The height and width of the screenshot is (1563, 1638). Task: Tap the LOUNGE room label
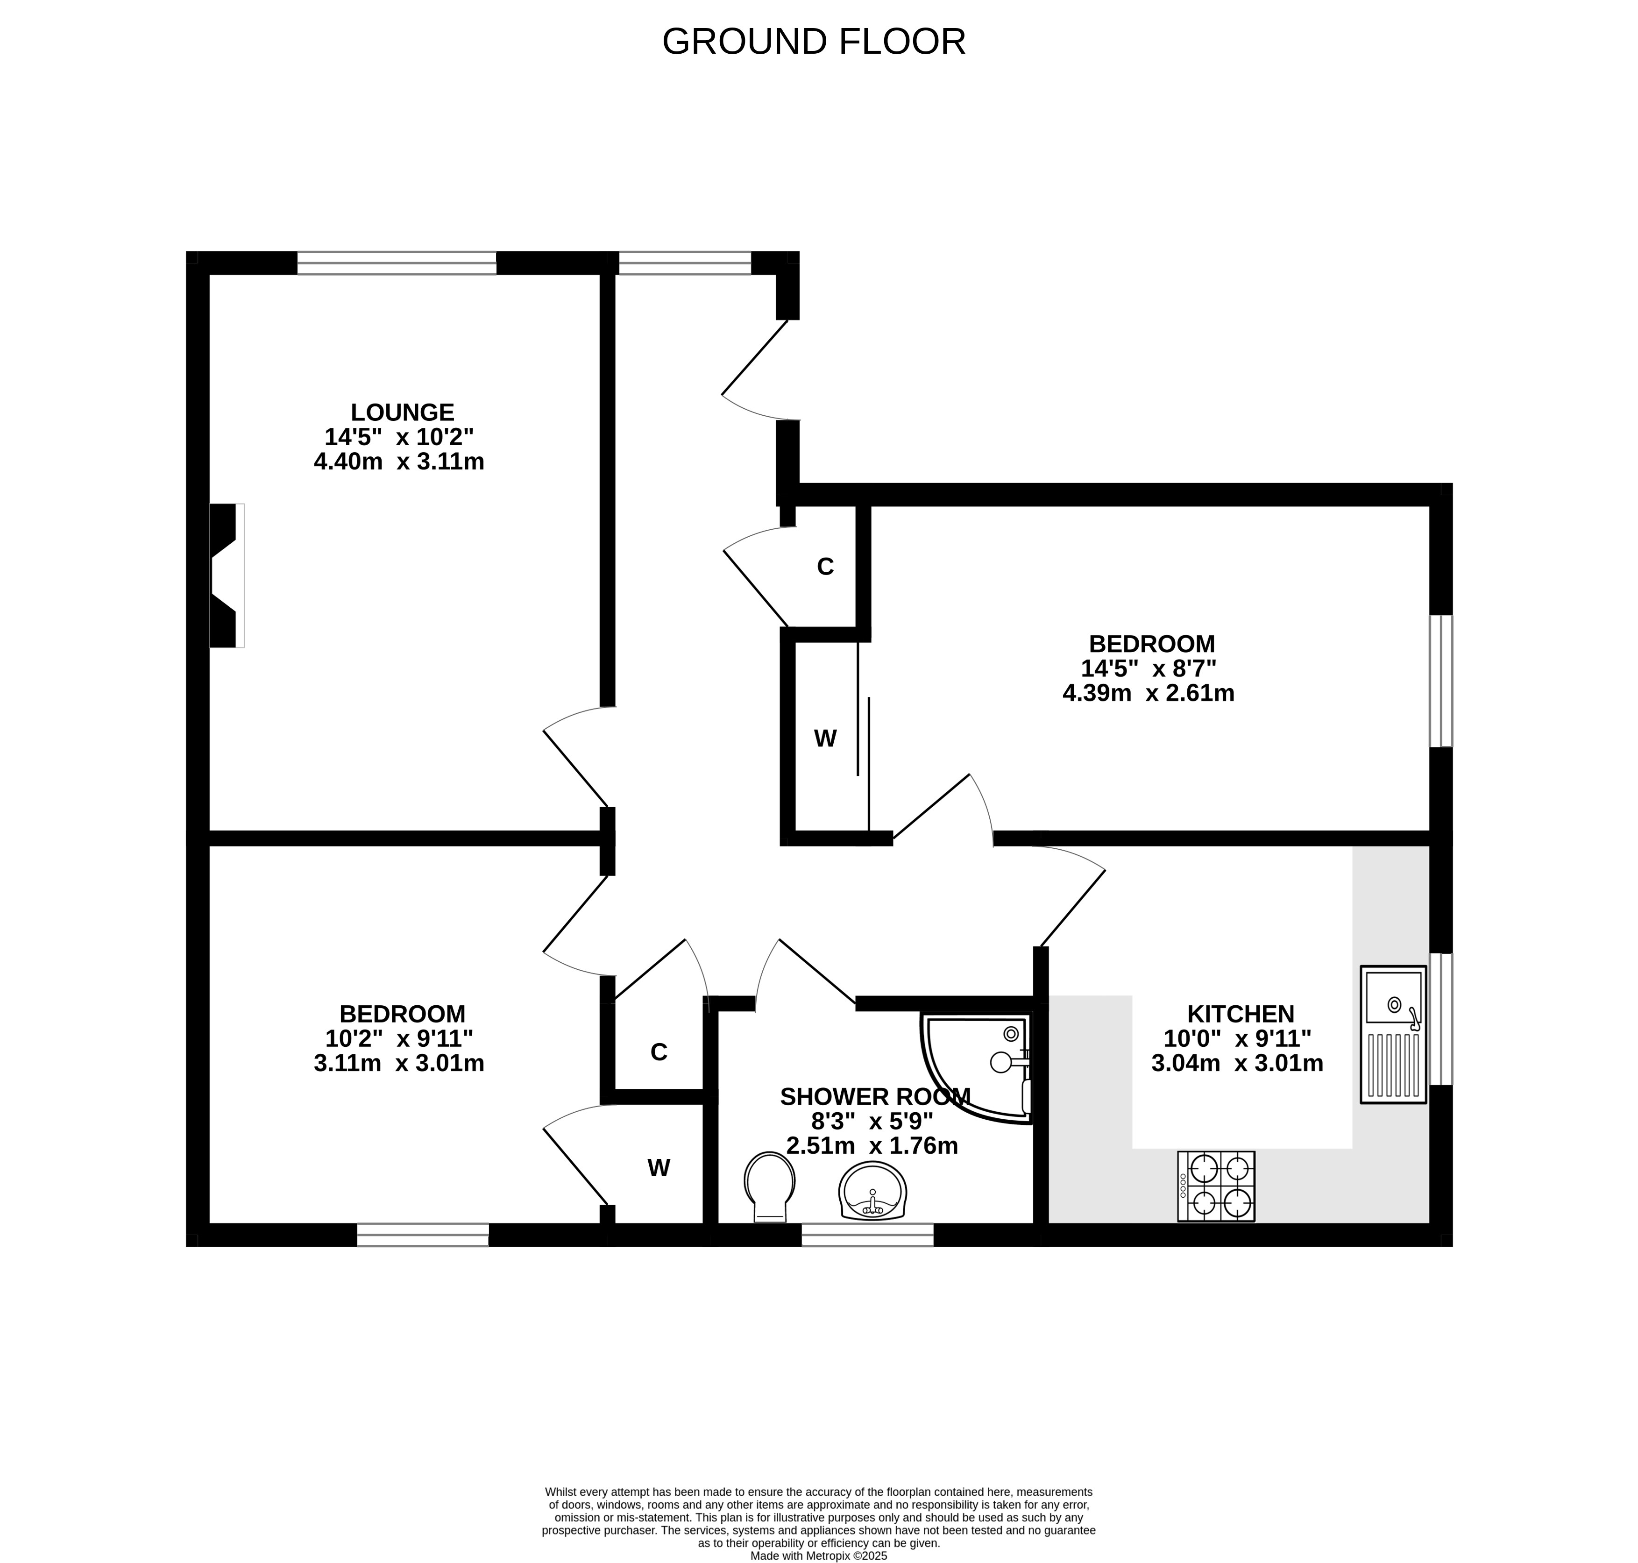(x=403, y=412)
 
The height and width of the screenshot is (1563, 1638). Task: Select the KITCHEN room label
(x=1241, y=1014)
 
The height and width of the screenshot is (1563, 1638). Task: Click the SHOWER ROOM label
(x=875, y=1096)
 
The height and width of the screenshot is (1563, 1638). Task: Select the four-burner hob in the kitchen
(x=1216, y=1186)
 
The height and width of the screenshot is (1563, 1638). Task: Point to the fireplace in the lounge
(x=225, y=575)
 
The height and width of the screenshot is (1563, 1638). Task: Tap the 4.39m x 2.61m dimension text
(x=1148, y=692)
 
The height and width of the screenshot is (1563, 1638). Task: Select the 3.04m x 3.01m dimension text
(x=1237, y=1063)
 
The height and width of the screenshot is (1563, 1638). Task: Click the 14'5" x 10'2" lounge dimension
(x=399, y=437)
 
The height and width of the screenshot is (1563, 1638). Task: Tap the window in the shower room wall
(x=867, y=1235)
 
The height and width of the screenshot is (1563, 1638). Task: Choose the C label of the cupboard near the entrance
(x=825, y=567)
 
